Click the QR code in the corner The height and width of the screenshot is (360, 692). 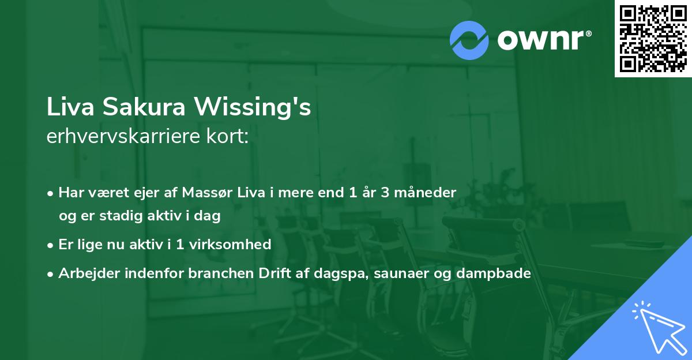[x=653, y=38]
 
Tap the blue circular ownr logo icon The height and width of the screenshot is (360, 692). [x=469, y=40]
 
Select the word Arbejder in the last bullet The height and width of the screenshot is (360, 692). [x=84, y=273]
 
